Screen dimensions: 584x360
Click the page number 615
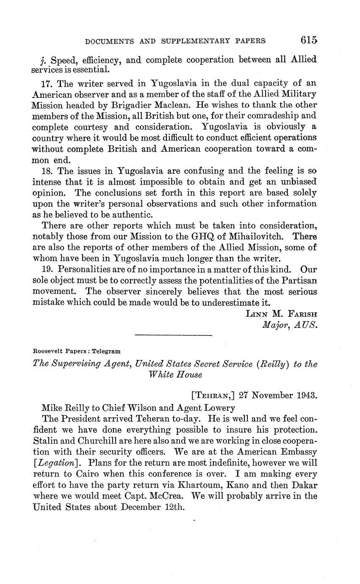(x=309, y=40)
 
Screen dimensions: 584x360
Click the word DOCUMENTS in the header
(x=108, y=42)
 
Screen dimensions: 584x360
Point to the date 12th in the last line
(x=176, y=506)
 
